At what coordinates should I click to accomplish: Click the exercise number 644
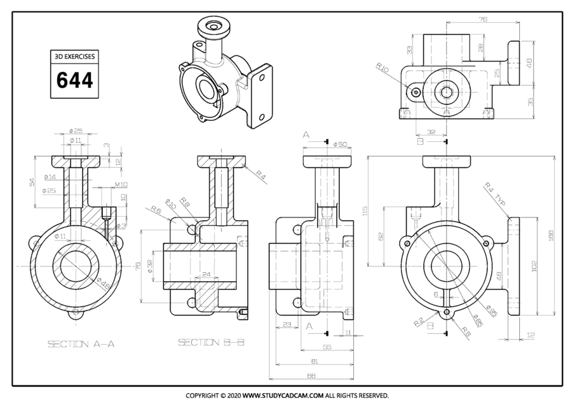pos(74,81)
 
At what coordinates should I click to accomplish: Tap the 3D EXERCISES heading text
pos(74,57)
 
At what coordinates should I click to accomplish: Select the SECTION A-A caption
pos(81,344)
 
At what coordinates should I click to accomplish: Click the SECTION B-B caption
pos(211,343)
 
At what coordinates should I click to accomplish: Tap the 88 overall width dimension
pos(311,376)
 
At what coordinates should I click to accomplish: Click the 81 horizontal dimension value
pos(313,362)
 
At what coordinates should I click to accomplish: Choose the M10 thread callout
pos(121,184)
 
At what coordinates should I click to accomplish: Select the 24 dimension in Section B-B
pos(206,275)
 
